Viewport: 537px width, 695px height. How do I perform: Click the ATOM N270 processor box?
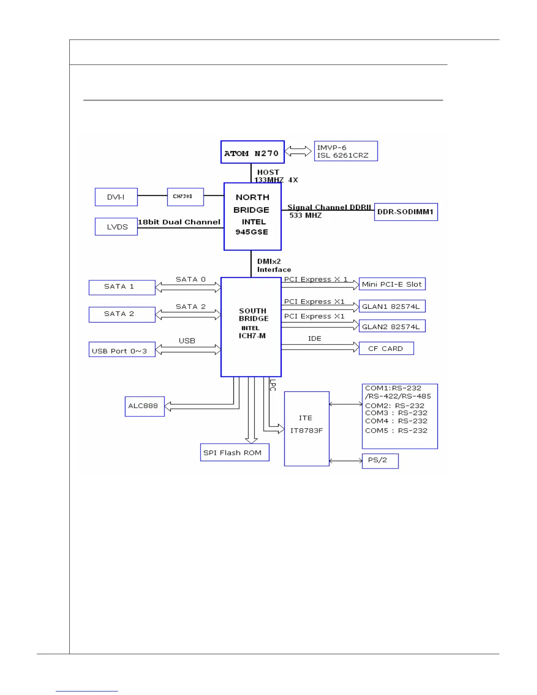(x=252, y=152)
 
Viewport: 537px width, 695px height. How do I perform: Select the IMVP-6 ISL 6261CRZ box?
(x=346, y=151)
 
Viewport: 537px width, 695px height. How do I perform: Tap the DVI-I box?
(x=116, y=197)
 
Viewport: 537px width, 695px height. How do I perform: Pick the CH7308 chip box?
(x=185, y=197)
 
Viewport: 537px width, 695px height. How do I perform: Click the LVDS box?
(x=116, y=227)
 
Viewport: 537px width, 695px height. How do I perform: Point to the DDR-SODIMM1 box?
(x=406, y=212)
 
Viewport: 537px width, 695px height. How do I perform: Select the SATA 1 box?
(x=122, y=287)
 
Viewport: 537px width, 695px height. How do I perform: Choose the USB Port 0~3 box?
(x=122, y=350)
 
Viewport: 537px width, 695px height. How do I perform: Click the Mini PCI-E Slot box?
(x=392, y=284)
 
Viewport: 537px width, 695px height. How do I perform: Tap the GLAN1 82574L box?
(x=392, y=306)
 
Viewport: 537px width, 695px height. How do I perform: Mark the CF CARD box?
(x=386, y=348)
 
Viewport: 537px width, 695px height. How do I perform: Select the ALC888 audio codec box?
(x=144, y=406)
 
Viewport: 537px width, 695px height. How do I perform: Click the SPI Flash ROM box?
(x=234, y=452)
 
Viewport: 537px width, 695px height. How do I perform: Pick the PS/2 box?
(x=380, y=461)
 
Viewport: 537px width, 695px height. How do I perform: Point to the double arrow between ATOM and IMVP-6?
(x=298, y=151)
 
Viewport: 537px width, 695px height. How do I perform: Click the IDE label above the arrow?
(x=315, y=339)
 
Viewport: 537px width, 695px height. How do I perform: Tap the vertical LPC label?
(x=272, y=385)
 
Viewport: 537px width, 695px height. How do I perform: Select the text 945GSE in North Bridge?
(x=252, y=232)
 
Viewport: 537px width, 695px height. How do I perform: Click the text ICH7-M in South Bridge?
(x=252, y=336)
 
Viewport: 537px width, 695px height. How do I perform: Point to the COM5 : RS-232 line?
(x=396, y=431)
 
